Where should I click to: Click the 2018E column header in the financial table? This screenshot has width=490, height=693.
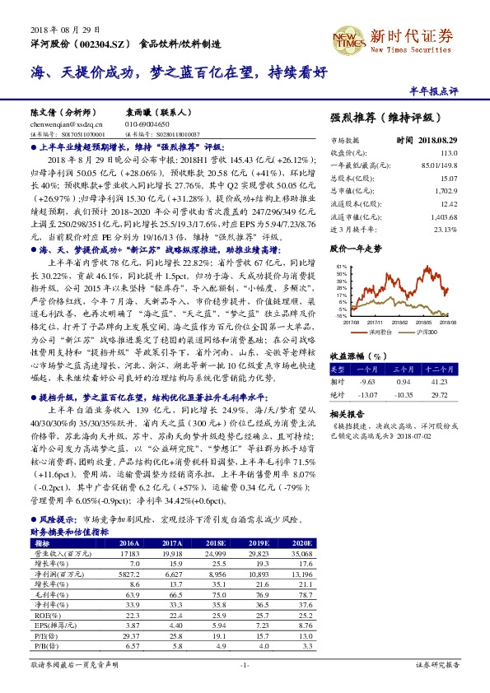(x=217, y=544)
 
